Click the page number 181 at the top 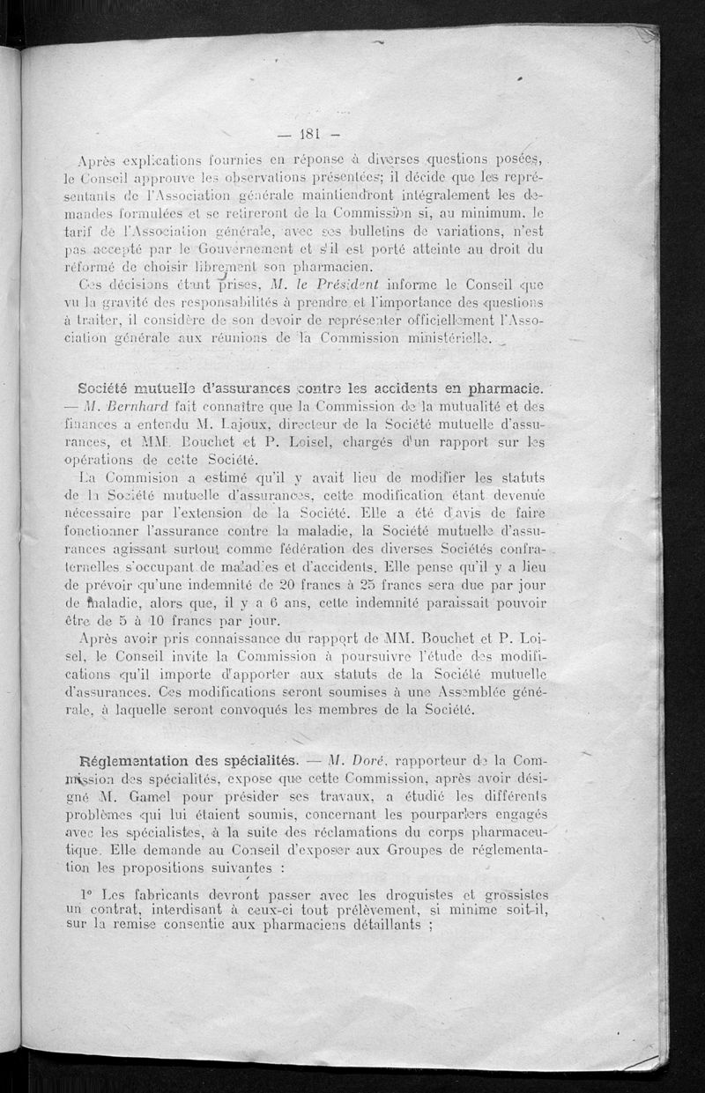[300, 135]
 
